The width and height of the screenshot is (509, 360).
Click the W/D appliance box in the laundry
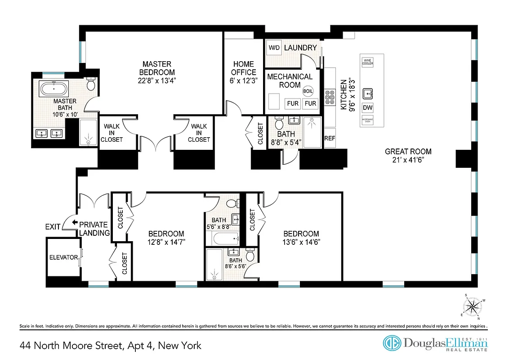coord(273,48)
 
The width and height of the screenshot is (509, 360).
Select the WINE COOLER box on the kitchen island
coord(367,62)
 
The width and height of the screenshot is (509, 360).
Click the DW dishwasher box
coord(367,108)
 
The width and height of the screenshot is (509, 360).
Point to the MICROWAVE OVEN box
coord(367,121)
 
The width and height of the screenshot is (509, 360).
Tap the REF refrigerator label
coord(330,138)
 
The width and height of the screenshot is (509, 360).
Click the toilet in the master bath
coord(91,84)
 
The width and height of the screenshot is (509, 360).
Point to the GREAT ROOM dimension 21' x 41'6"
coord(408,160)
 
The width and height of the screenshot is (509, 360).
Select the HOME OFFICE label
coord(243,68)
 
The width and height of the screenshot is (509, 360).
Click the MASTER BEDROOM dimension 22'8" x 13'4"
coord(157,81)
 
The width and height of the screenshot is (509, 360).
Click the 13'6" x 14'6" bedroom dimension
coord(301,242)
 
